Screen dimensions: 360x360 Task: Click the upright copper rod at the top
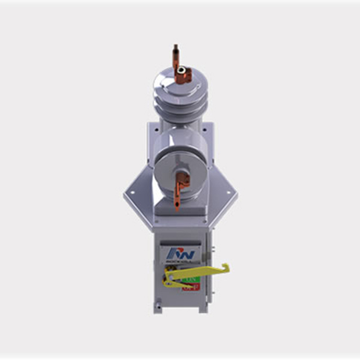(175, 55)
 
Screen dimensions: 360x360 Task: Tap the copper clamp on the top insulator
(184, 75)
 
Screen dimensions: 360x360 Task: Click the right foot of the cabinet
(202, 308)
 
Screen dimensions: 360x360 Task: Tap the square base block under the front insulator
(180, 208)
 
